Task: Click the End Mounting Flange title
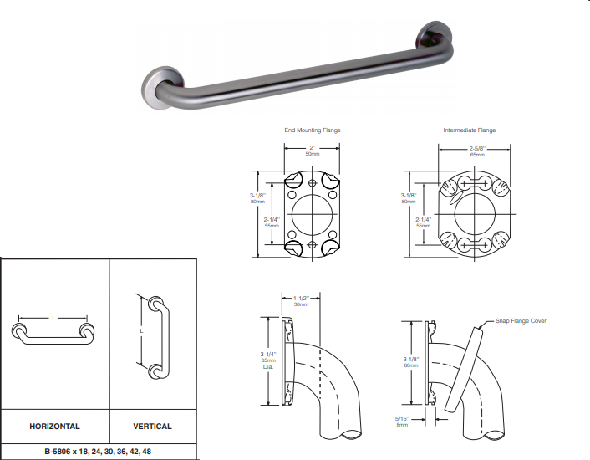[x=313, y=130]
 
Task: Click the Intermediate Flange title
[x=469, y=130]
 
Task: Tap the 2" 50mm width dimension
[x=313, y=151]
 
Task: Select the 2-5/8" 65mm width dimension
[x=477, y=151]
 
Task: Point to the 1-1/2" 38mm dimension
[x=301, y=301]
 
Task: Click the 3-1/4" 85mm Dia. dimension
[x=268, y=360]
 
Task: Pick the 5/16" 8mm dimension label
[x=402, y=422]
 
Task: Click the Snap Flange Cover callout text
[x=521, y=320]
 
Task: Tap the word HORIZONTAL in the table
[x=54, y=426]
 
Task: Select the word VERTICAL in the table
[x=152, y=426]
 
